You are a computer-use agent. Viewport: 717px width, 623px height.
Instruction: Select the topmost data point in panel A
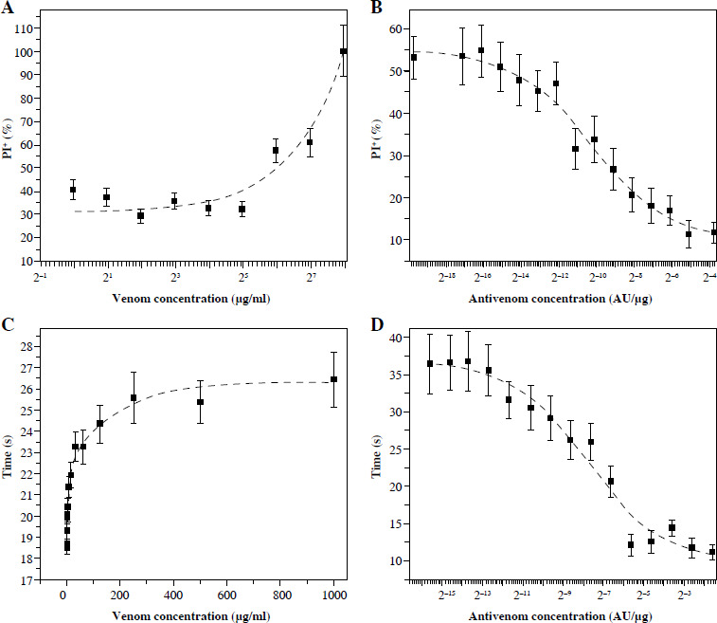[344, 51]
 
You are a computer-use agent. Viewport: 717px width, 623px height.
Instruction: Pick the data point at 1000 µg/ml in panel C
[333, 379]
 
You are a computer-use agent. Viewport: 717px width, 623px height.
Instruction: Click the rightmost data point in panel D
[712, 552]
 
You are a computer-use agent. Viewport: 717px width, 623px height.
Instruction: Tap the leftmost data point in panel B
[414, 58]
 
